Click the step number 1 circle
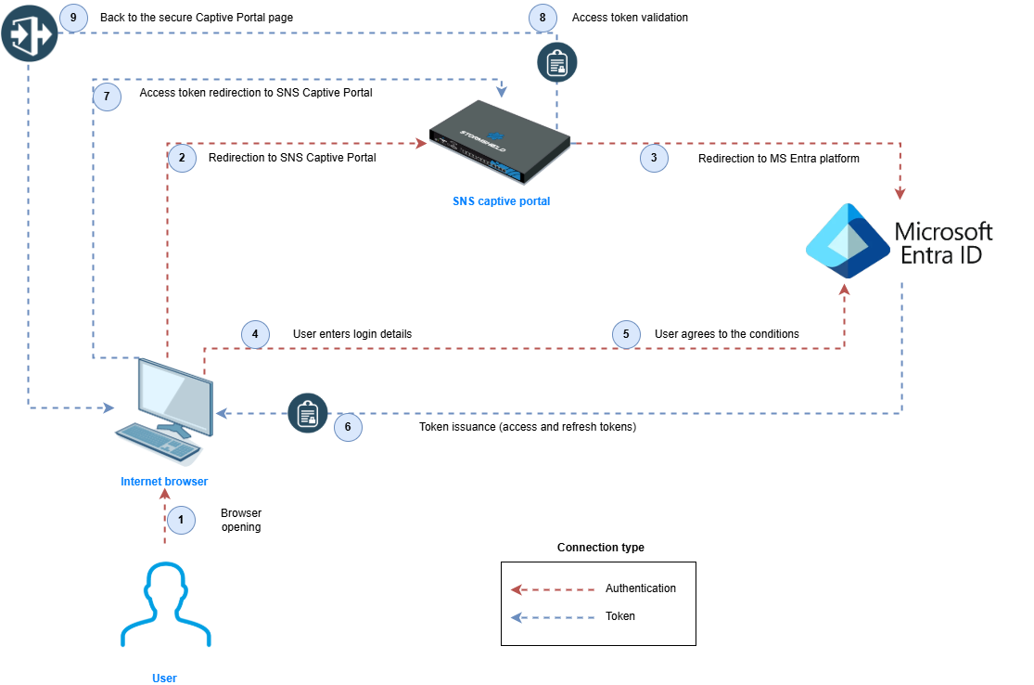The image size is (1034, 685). (x=182, y=520)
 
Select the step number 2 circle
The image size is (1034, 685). (x=182, y=159)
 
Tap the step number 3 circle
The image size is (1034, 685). (x=654, y=159)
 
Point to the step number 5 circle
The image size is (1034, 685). (x=626, y=333)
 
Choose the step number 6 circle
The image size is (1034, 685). (x=348, y=427)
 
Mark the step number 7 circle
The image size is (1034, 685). (x=107, y=97)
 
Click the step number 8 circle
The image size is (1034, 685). (x=543, y=18)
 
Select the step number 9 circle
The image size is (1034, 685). (x=73, y=18)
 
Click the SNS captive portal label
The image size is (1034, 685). (x=501, y=200)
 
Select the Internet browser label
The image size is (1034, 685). (x=164, y=481)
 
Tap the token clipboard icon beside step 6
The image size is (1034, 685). (x=308, y=414)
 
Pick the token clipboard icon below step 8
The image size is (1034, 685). (x=557, y=63)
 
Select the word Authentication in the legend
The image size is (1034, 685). (x=641, y=588)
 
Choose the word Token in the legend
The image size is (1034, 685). (x=620, y=615)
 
